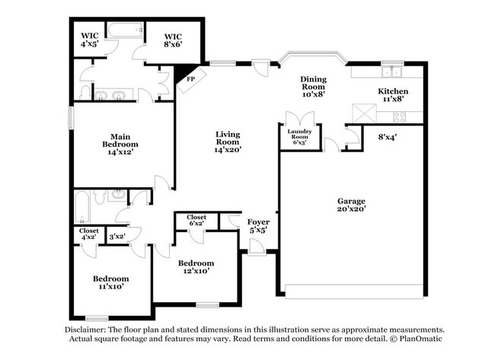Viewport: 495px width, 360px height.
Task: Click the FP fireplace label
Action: [x=190, y=79]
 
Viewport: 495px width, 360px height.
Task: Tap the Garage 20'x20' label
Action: [x=351, y=205]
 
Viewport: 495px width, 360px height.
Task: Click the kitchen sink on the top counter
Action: [x=391, y=72]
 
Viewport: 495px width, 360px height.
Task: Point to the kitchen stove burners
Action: [x=399, y=117]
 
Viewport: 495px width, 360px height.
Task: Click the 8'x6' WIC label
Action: [x=173, y=40]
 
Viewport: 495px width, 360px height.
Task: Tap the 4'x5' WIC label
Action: [x=90, y=40]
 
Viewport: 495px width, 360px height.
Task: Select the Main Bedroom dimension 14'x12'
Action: [x=120, y=152]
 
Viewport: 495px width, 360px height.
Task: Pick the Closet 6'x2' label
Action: [x=196, y=220]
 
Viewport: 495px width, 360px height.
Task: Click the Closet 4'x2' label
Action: [x=88, y=234]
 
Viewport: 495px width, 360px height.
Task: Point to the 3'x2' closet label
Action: [x=117, y=236]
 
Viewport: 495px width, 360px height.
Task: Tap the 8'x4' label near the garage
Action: [x=387, y=137]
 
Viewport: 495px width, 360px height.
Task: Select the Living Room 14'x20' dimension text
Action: [x=228, y=150]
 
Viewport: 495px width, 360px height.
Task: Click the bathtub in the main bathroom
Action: [x=126, y=30]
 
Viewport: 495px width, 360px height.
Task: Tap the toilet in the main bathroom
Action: [x=85, y=93]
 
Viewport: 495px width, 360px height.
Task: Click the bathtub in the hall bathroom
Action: [x=82, y=207]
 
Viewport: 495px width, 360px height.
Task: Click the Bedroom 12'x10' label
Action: [x=196, y=267]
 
